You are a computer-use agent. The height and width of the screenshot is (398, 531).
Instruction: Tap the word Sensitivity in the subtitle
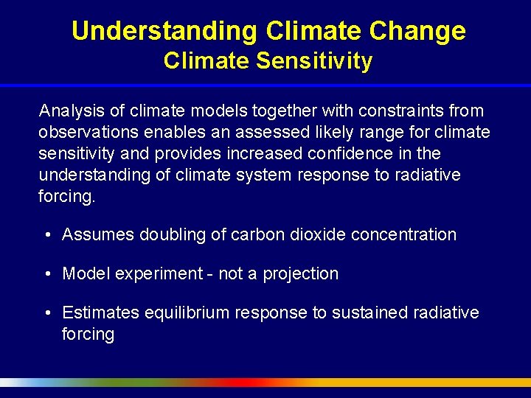[x=314, y=60]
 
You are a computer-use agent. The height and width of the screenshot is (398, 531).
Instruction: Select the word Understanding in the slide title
[x=164, y=31]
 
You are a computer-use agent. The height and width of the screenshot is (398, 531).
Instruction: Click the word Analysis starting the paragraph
[x=69, y=111]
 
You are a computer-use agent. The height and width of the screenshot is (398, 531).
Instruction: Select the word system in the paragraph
[x=274, y=175]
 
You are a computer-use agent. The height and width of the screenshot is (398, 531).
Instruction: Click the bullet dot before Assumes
[x=47, y=235]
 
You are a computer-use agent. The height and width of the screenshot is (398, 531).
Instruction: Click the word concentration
[x=404, y=235]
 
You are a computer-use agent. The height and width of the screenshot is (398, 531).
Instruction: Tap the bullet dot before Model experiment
[x=47, y=274]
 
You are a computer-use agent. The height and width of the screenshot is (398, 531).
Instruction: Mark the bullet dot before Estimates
[x=47, y=313]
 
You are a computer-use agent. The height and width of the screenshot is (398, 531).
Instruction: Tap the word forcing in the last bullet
[x=88, y=335]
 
